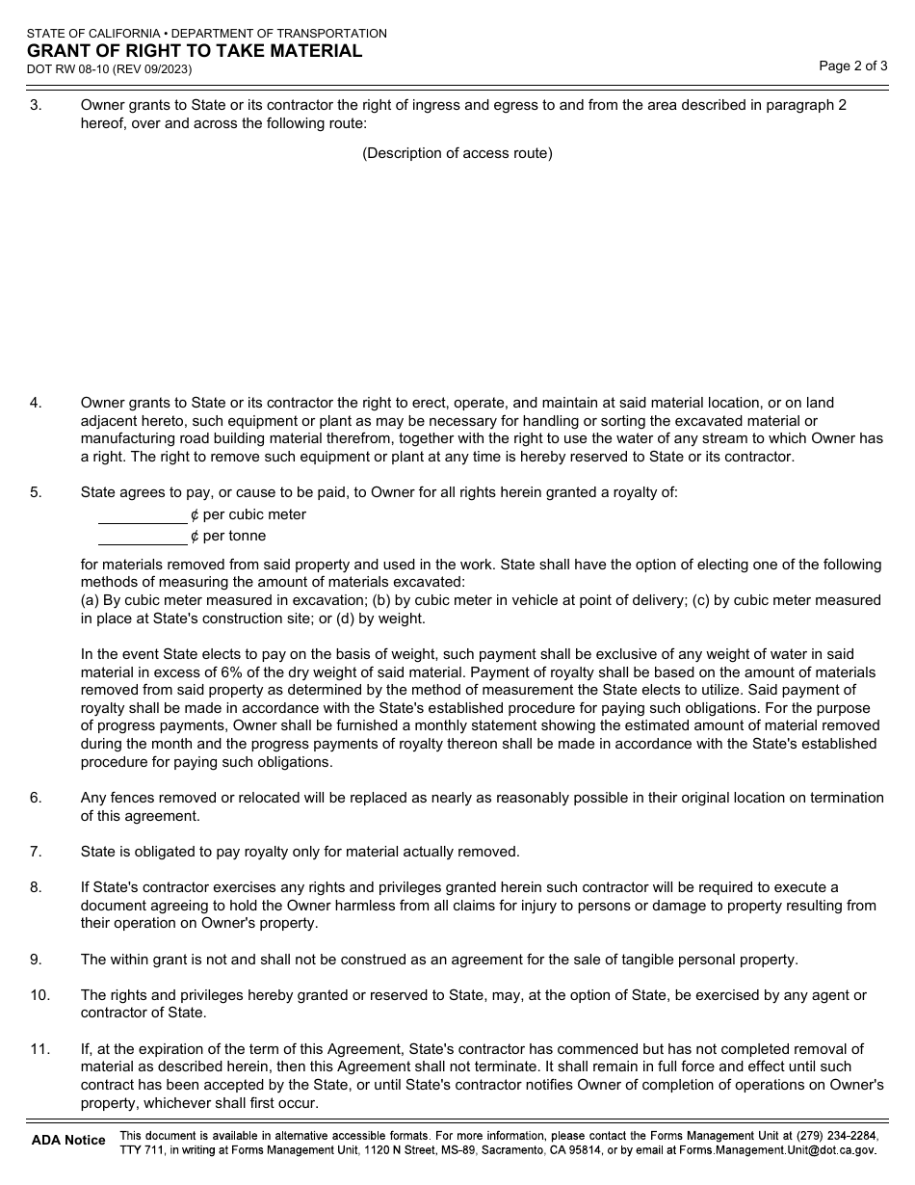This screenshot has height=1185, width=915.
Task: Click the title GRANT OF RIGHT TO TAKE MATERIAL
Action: (195, 51)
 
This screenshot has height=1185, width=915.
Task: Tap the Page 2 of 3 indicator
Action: (852, 66)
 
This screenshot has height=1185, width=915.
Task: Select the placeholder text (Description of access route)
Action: (457, 153)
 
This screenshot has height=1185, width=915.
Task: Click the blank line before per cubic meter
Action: (143, 515)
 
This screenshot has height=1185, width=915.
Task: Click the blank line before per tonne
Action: (143, 537)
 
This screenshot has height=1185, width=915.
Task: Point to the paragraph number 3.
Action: (36, 105)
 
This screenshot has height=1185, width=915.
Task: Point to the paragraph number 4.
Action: (36, 403)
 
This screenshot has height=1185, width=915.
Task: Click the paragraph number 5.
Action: (36, 492)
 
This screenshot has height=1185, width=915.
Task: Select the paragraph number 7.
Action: (36, 852)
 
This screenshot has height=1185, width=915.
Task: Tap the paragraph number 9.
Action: (36, 960)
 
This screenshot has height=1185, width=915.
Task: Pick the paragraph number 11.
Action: (39, 1049)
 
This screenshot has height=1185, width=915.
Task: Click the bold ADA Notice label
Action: (68, 1141)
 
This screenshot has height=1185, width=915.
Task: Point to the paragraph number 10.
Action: (39, 995)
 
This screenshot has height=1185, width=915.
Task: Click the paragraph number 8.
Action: (36, 887)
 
